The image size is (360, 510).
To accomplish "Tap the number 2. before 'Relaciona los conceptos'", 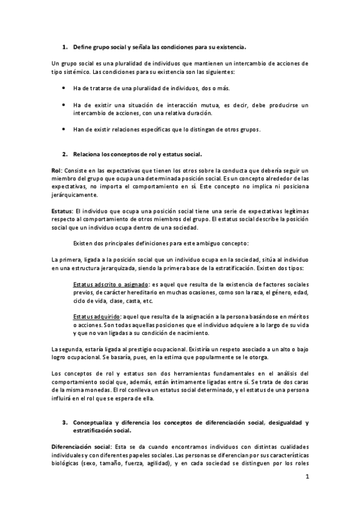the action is coord(65,154).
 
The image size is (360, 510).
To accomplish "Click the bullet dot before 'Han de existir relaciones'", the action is coord(65,129).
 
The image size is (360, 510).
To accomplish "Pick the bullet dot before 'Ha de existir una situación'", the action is coord(65,105).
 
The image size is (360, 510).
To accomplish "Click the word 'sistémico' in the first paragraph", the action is coord(76,71).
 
